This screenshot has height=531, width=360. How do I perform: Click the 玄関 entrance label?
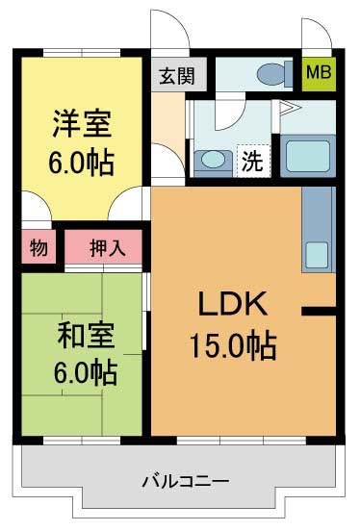pyautogui.click(x=177, y=76)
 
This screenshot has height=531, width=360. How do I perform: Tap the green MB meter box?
pyautogui.click(x=319, y=73)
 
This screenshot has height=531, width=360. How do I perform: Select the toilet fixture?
pyautogui.click(x=274, y=74)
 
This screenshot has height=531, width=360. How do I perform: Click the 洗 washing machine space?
pyautogui.click(x=253, y=161)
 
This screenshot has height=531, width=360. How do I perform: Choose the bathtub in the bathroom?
pyautogui.click(x=308, y=156)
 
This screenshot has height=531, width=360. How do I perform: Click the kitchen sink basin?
pyautogui.click(x=317, y=255)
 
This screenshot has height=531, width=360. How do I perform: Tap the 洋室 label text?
pyautogui.click(x=82, y=124)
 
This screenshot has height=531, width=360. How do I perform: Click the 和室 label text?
pyautogui.click(x=86, y=336)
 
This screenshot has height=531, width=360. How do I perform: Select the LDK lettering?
pyautogui.click(x=233, y=303)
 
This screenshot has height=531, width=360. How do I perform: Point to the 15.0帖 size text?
pyautogui.click(x=233, y=345)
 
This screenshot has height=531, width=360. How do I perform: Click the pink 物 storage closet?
pyautogui.click(x=39, y=247)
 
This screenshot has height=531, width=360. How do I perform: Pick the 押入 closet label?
pyautogui.click(x=108, y=248)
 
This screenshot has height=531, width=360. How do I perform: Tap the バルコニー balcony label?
pyautogui.click(x=186, y=481)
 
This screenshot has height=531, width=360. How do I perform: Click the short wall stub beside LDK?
pyautogui.click(x=319, y=311)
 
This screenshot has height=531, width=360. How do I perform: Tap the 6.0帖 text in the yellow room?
pyautogui.click(x=82, y=164)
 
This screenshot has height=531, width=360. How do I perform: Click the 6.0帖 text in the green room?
pyautogui.click(x=86, y=372)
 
